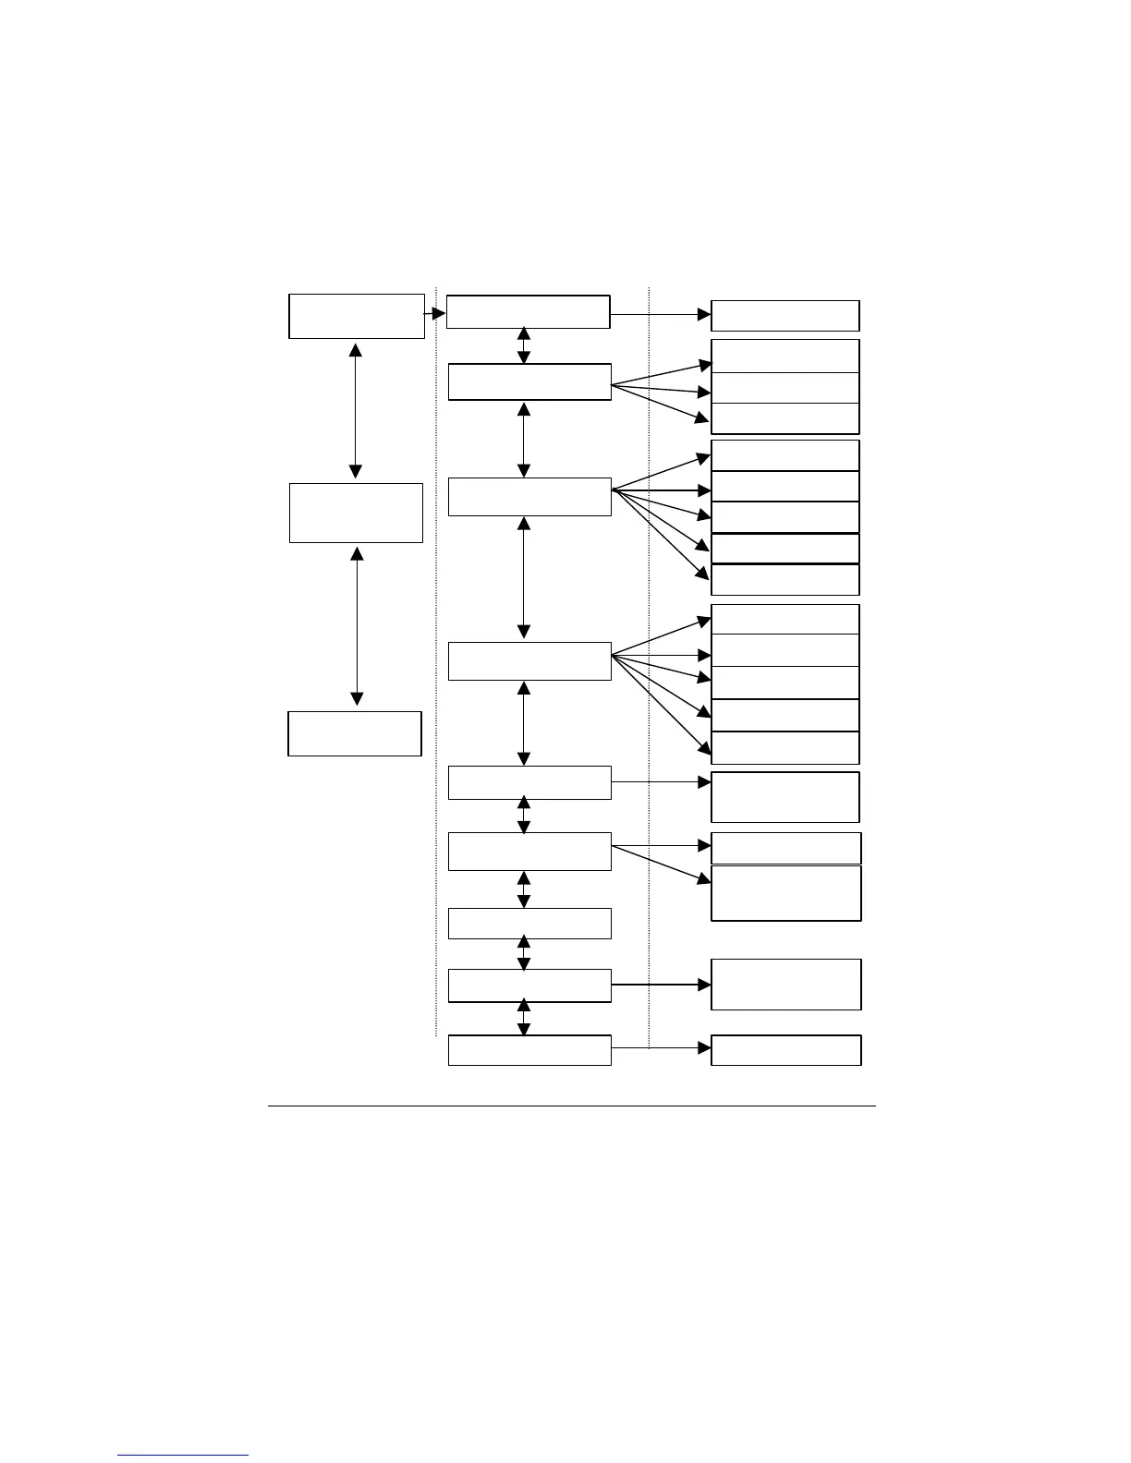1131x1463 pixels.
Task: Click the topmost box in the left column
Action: (x=356, y=317)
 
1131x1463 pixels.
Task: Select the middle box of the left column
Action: (x=356, y=513)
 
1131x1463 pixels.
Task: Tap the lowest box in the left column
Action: (x=355, y=733)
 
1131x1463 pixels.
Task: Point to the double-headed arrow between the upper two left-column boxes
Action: (x=356, y=410)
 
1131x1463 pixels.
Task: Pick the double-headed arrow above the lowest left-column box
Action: (x=357, y=626)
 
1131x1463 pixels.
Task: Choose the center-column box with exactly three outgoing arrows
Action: (x=529, y=381)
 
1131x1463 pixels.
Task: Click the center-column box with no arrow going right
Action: (x=529, y=924)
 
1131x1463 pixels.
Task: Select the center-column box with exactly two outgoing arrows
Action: (x=529, y=851)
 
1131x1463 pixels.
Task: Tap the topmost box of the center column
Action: (x=528, y=312)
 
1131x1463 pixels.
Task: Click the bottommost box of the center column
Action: (x=529, y=1050)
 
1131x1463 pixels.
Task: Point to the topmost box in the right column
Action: (x=785, y=316)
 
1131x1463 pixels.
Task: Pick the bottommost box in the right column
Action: (x=786, y=1050)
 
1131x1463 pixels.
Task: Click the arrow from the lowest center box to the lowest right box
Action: (x=662, y=1048)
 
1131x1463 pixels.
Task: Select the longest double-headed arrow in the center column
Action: (x=524, y=577)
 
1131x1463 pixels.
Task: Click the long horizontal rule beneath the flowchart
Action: (x=571, y=1106)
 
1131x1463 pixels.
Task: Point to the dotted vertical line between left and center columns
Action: (x=436, y=647)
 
